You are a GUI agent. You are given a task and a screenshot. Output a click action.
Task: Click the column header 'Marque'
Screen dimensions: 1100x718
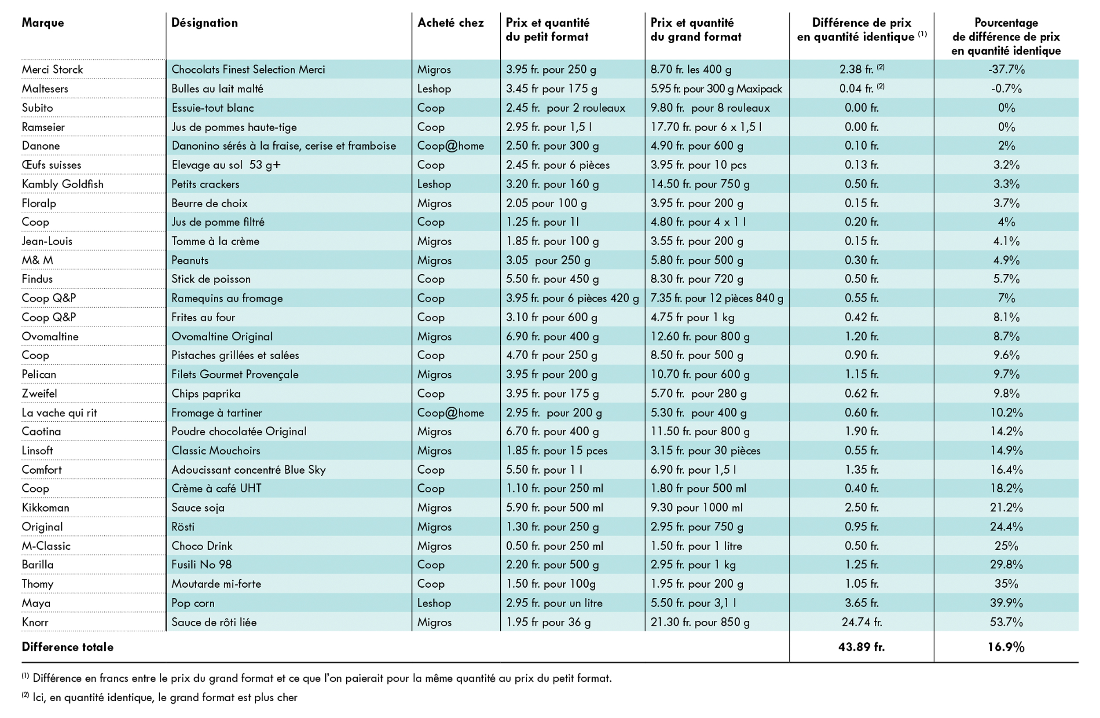tap(43, 22)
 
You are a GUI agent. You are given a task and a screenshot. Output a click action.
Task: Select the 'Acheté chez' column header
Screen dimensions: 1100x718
tap(451, 22)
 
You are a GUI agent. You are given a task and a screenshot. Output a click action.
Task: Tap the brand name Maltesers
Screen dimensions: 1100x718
tap(45, 88)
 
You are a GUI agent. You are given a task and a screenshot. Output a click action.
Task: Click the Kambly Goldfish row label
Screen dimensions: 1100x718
tap(63, 184)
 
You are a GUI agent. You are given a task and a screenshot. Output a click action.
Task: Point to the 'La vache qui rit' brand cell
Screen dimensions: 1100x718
tap(59, 412)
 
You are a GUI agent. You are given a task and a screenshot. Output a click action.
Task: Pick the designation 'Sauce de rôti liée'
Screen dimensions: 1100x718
tap(214, 622)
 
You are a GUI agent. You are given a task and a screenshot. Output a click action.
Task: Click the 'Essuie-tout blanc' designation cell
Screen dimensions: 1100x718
tap(213, 108)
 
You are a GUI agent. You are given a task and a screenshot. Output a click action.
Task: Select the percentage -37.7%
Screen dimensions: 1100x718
tap(1006, 70)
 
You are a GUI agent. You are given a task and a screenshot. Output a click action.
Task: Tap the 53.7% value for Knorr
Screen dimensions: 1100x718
tap(1006, 622)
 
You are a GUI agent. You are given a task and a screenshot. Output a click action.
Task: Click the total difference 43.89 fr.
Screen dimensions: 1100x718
tap(862, 647)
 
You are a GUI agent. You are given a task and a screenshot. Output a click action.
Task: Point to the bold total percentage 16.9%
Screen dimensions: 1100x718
tap(1006, 647)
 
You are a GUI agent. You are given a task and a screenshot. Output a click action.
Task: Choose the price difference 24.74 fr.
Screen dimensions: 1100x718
tap(862, 622)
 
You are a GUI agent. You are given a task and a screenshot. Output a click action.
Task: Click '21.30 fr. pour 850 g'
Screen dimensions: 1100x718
tap(700, 622)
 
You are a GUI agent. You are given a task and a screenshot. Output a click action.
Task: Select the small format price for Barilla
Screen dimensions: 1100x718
tap(552, 564)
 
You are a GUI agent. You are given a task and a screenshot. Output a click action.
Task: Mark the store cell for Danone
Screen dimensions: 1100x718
tap(451, 146)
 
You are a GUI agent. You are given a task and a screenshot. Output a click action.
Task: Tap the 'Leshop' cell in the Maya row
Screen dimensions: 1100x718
tap(434, 603)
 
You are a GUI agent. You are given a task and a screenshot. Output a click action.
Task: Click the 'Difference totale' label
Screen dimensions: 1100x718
tap(67, 647)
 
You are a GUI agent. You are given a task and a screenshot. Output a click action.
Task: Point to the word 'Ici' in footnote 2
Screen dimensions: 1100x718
tap(39, 697)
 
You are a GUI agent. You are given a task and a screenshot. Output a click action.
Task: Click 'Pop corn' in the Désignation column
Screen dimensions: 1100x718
tap(193, 603)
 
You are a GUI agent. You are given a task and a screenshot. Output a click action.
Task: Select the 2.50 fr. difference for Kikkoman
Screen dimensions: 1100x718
tap(862, 508)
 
